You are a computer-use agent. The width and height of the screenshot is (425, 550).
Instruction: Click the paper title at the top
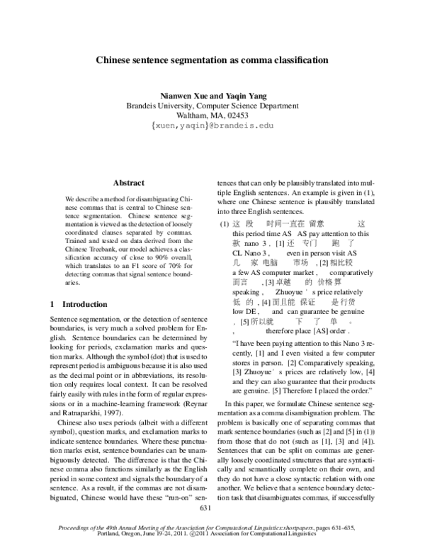(x=212, y=60)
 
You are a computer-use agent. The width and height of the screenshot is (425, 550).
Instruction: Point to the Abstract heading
(x=129, y=183)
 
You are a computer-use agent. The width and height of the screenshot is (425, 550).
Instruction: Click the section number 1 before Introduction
(x=52, y=304)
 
